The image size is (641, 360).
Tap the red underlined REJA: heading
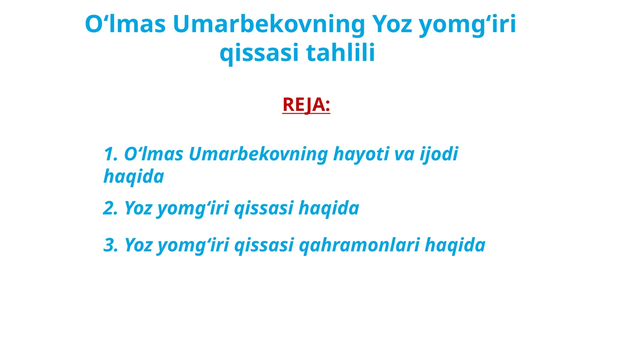click(x=306, y=105)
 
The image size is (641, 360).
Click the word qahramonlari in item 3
click(x=359, y=245)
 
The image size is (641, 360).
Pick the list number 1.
click(x=109, y=154)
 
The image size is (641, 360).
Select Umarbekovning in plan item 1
click(x=258, y=154)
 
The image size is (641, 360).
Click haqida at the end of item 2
click(x=329, y=208)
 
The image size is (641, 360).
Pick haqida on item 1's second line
click(x=134, y=176)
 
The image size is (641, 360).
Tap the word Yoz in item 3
click(x=138, y=245)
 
